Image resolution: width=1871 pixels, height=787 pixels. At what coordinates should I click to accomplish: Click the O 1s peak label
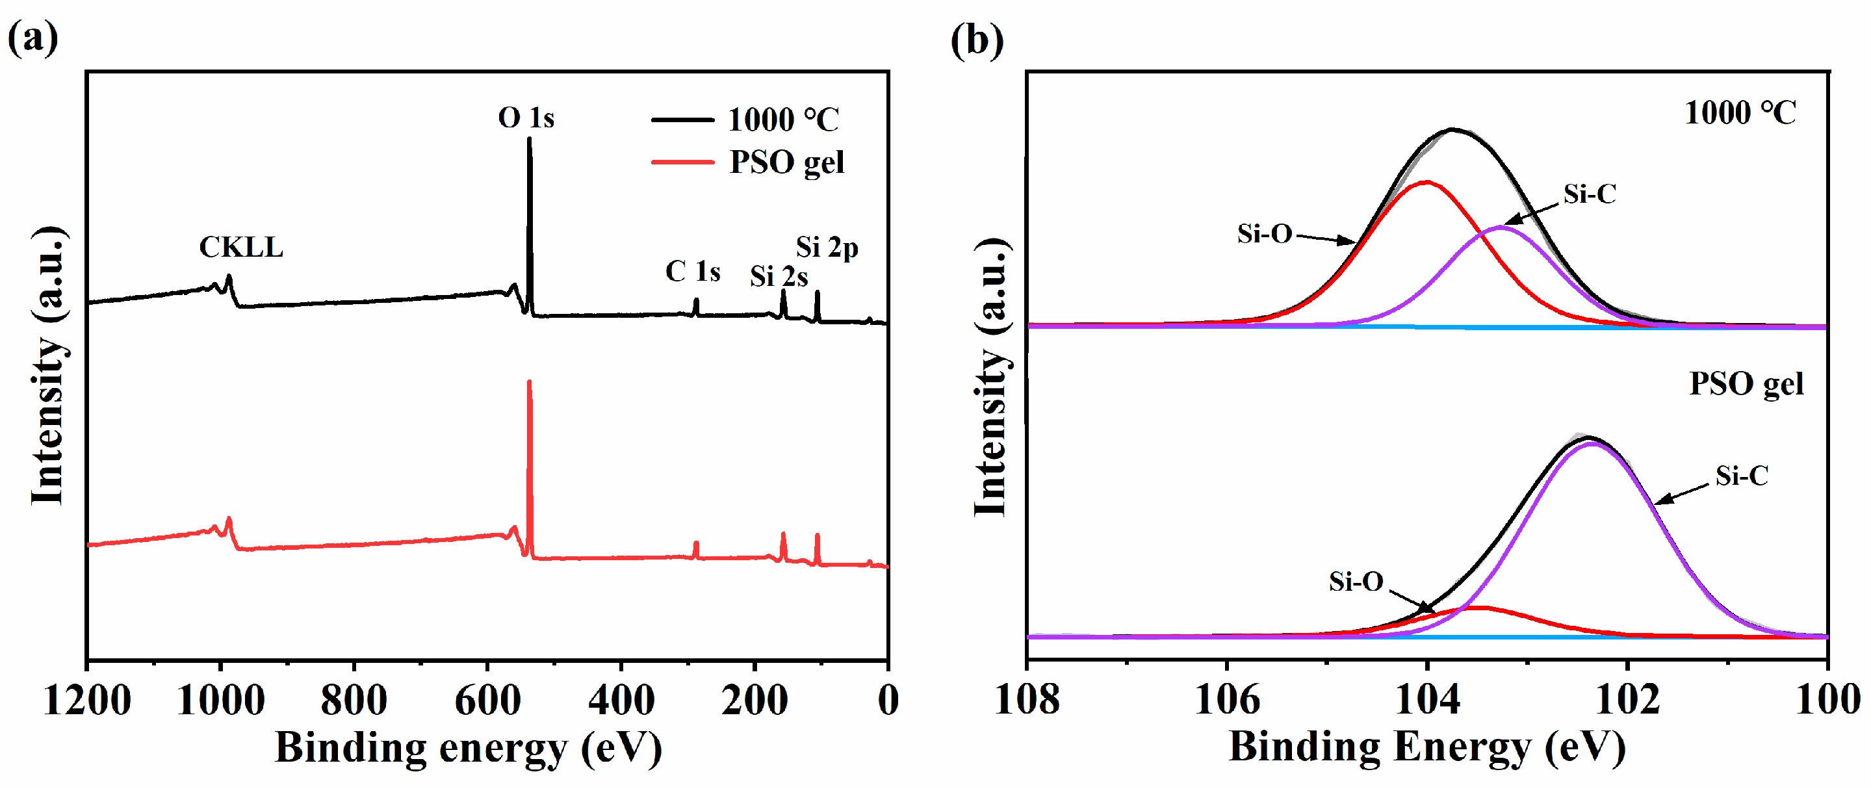click(x=526, y=118)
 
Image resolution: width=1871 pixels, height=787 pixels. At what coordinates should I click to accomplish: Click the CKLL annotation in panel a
click(x=241, y=248)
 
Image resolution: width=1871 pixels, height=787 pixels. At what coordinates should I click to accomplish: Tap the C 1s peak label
click(x=692, y=272)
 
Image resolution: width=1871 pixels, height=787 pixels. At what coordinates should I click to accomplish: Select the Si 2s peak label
click(x=779, y=277)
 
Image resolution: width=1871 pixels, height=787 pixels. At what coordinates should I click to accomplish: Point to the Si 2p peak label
click(x=827, y=248)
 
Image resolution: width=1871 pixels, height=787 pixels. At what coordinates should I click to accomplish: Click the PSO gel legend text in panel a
click(x=786, y=162)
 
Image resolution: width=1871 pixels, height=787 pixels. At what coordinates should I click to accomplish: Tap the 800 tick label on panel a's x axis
click(x=354, y=701)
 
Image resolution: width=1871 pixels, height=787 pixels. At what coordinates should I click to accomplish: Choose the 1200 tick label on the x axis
click(x=87, y=701)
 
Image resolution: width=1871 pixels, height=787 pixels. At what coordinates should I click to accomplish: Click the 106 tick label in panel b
click(x=1227, y=701)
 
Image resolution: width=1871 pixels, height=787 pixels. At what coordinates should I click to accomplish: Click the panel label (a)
click(x=32, y=38)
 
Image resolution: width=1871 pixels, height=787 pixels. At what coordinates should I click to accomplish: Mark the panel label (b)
click(x=977, y=40)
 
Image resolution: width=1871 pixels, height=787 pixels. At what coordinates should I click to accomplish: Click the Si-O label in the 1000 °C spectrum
click(x=1265, y=234)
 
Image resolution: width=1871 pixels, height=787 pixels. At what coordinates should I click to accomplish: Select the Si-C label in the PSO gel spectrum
click(x=1741, y=476)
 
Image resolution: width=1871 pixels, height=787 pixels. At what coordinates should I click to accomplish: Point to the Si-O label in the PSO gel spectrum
click(x=1355, y=582)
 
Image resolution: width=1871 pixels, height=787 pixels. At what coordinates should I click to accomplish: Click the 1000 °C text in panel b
click(x=1740, y=113)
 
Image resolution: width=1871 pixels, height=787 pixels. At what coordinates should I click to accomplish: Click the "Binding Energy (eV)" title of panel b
click(x=1426, y=747)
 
